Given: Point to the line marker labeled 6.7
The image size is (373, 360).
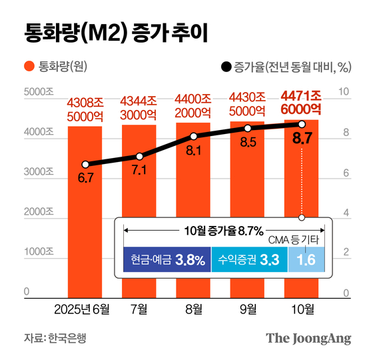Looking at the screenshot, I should coord(85,164).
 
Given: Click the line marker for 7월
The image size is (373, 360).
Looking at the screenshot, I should coord(139,156).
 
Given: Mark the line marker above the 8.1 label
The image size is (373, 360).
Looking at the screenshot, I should coord(193,136).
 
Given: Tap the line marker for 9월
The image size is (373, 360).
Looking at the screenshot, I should coord(247,128).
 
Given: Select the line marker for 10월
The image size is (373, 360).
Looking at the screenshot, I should coord(301,124).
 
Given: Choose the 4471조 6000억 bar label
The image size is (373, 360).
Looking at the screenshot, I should coord(301,102).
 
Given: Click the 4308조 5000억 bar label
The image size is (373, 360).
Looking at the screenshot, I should coord(85,109).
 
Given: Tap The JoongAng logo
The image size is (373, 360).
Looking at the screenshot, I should coord(308,338).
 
